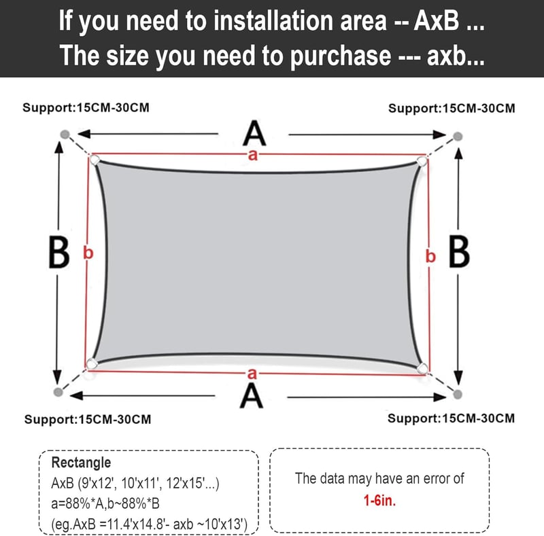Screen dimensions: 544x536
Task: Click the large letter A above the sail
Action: pos(254,132)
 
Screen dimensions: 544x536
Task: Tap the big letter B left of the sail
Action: pos(59,252)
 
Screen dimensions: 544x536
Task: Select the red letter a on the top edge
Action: pos(253,155)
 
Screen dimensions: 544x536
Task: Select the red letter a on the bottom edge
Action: pos(252,374)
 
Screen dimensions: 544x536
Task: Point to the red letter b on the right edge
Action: pos(430,256)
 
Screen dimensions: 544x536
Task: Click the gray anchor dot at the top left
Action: pos(65,135)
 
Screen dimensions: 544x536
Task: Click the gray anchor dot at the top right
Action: pos(458,137)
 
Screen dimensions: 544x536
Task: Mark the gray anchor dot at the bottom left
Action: pos(58,392)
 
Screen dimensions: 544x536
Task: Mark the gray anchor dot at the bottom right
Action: pos(458,394)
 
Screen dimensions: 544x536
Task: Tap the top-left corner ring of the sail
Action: pos(95,160)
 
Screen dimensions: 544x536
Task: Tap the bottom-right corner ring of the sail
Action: pos(422,368)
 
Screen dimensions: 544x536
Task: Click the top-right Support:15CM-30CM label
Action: pos(452,108)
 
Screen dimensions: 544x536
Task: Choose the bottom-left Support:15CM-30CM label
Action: pos(88,419)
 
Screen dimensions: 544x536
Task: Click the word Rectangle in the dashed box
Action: pos(81,463)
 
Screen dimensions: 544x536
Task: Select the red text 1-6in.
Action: pos(379,500)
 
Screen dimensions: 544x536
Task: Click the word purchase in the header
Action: pos(341,56)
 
